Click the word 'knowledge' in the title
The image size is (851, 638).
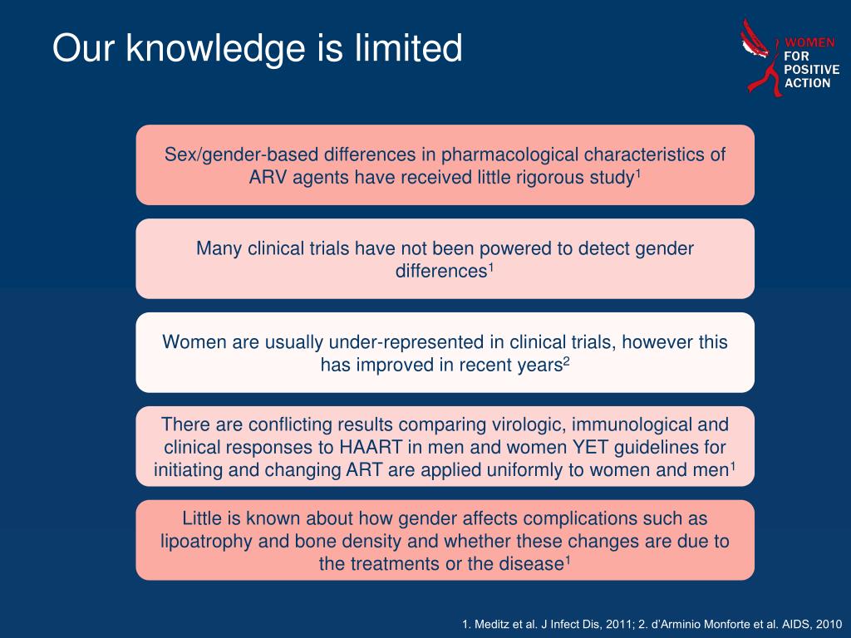click(216, 49)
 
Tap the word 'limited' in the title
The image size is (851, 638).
click(408, 47)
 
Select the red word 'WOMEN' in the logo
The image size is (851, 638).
click(809, 42)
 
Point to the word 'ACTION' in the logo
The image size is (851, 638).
click(808, 83)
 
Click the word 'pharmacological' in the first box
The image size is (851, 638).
click(509, 155)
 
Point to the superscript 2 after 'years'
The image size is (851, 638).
click(566, 361)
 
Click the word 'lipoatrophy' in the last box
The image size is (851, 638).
click(206, 542)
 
